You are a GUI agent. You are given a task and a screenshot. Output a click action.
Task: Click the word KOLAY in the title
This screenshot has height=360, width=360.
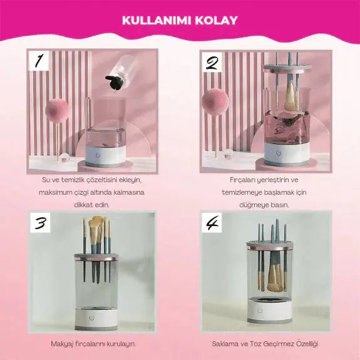coord(216,21)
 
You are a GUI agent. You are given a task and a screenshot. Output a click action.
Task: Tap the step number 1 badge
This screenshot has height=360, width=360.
coord(39,61)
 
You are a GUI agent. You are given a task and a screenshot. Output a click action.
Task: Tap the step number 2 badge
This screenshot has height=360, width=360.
coord(212,62)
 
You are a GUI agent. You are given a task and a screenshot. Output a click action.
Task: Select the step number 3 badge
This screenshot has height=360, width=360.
coord(40,222)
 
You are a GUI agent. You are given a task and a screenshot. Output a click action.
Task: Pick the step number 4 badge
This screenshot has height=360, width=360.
coord(212,222)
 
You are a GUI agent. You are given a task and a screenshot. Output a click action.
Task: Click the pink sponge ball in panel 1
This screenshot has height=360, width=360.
coord(57,110)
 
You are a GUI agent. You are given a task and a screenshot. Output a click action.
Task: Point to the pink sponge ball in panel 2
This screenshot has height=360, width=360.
coord(215,101)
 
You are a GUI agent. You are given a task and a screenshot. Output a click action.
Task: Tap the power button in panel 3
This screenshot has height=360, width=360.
coord(92,318)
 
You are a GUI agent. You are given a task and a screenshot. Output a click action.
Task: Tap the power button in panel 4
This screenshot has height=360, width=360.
coord(260,310)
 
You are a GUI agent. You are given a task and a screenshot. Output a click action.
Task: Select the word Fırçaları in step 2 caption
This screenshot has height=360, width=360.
coord(241,180)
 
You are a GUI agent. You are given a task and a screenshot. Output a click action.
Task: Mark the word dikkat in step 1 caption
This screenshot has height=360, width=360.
coord(83,205)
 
